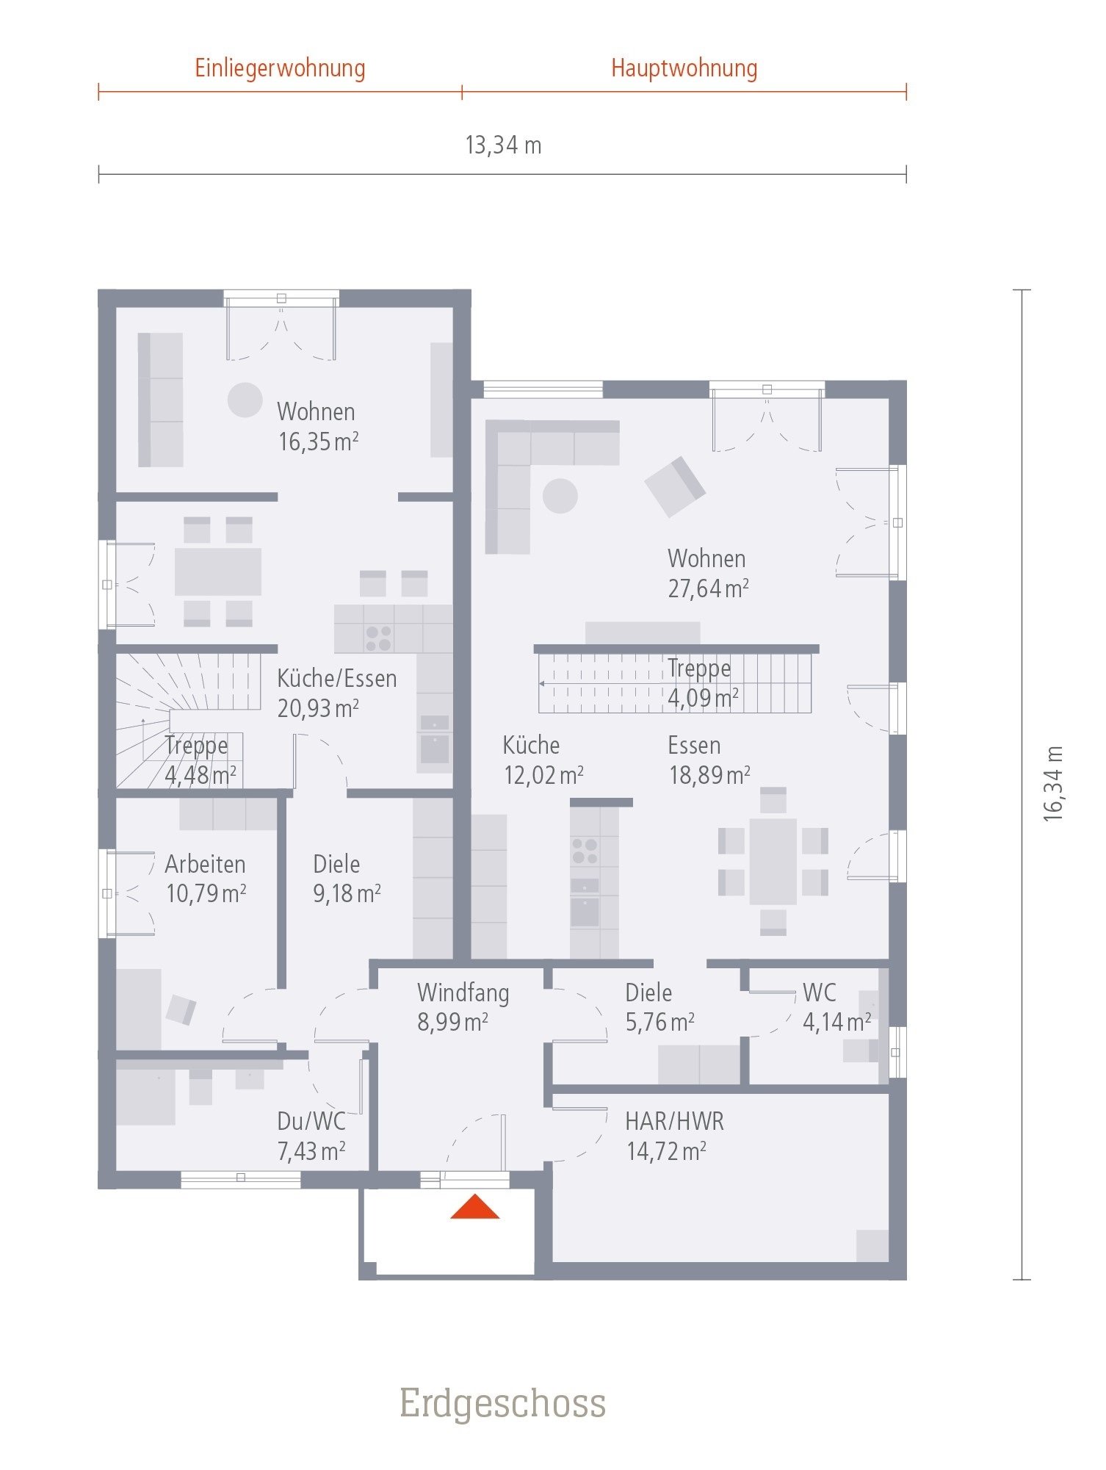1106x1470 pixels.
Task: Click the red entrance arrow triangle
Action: pos(475,1208)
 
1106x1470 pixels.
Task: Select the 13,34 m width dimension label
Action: pos(503,145)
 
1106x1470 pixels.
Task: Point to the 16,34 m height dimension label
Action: pos(1053,784)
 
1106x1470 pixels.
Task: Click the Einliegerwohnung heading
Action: pos(280,68)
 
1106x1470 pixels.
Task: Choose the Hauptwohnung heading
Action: pos(684,68)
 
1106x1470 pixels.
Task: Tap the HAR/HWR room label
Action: pos(674,1122)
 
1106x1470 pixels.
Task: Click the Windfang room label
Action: pos(463,992)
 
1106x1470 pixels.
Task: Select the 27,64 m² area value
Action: pos(708,588)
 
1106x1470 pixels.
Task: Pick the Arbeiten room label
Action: pos(205,864)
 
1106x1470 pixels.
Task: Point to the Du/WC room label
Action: pos(311,1122)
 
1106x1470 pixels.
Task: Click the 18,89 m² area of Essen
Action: pos(709,775)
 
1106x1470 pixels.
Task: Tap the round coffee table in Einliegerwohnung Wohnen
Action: pos(245,400)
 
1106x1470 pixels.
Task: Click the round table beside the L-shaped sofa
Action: pos(560,496)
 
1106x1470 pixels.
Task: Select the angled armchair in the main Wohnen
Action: pos(675,486)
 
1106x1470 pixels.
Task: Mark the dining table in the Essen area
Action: pos(773,862)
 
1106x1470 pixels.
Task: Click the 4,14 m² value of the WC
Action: pos(836,1022)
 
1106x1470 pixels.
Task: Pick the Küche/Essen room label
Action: pos(337,678)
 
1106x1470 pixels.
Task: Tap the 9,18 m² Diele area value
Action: pos(347,893)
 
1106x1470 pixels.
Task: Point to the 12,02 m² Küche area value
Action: pos(543,775)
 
